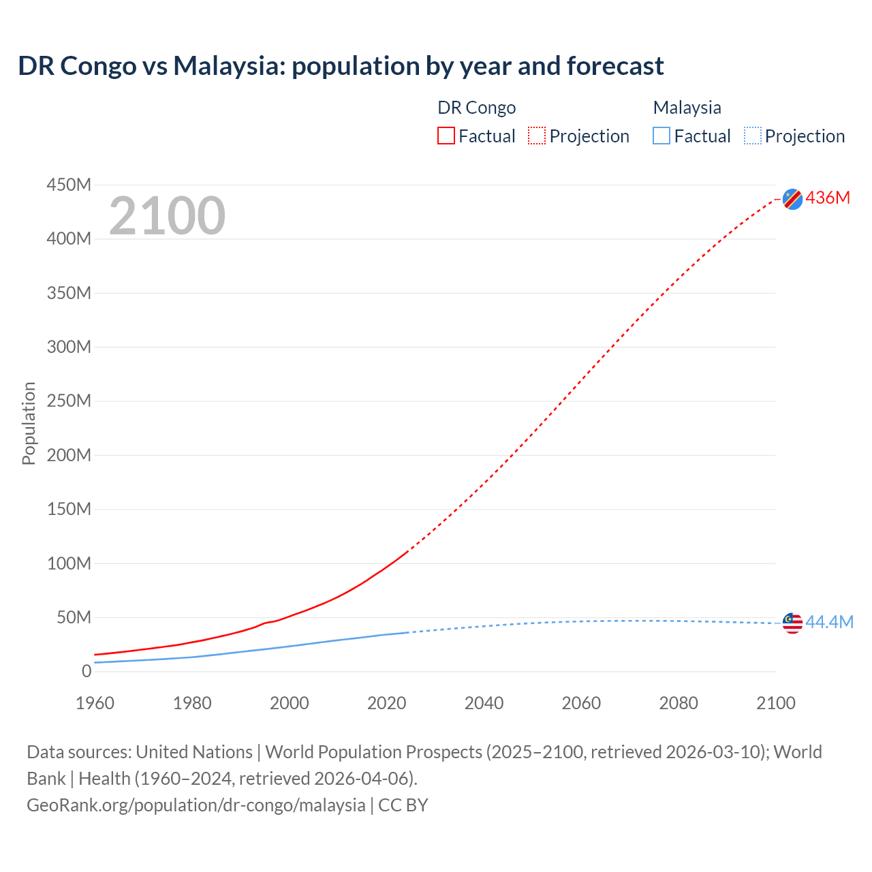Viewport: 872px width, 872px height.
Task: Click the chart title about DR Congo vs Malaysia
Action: click(341, 66)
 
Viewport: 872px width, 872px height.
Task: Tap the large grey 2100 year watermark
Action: click(167, 215)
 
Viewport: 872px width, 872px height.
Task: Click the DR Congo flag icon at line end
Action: click(792, 199)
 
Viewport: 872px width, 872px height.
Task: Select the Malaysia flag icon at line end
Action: click(792, 623)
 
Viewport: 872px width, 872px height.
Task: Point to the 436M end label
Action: click(828, 198)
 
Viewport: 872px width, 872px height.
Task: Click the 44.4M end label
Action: click(829, 622)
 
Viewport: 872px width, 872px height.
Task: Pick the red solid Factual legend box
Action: click(446, 136)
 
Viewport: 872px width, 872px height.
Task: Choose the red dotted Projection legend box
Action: click(537, 136)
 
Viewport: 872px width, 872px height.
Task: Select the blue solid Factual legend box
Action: click(661, 136)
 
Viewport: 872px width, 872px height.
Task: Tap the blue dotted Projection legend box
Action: click(753, 136)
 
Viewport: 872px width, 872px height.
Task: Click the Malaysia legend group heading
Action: click(687, 108)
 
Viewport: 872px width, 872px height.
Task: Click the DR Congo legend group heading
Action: click(476, 108)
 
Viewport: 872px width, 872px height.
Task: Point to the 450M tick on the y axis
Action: click(69, 185)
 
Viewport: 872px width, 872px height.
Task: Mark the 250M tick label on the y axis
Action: click(69, 401)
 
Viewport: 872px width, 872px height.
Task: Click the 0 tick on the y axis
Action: click(86, 671)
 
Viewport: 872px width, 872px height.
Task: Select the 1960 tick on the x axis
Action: click(95, 703)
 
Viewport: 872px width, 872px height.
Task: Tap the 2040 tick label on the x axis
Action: click(484, 703)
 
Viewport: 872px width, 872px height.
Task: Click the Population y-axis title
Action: click(29, 423)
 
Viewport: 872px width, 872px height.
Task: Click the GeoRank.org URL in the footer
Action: click(196, 805)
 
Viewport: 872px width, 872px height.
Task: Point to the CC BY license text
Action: click(403, 805)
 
